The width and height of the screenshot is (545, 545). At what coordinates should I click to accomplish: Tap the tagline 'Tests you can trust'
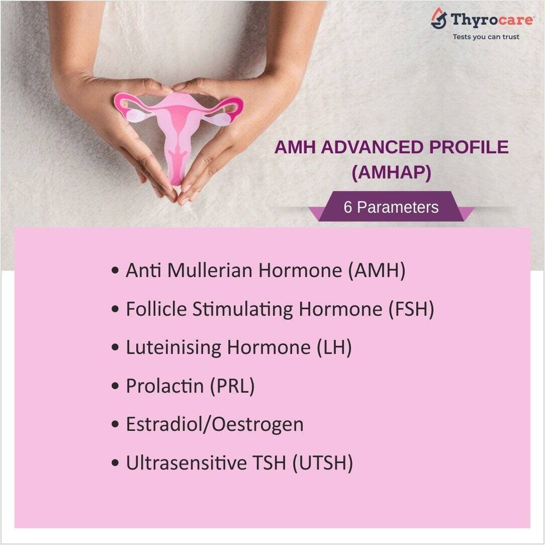coord(486,37)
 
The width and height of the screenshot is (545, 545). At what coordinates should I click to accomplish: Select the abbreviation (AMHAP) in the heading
coord(391,172)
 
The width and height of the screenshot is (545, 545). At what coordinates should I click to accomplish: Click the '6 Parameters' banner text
coord(391,207)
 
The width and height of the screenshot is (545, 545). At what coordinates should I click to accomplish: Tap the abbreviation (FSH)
coord(411,309)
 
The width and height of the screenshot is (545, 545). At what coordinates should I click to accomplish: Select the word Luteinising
coord(173,347)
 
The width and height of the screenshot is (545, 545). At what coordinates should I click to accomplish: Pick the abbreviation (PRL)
coord(232,386)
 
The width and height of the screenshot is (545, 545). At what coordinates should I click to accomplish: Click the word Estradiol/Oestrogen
coord(215,424)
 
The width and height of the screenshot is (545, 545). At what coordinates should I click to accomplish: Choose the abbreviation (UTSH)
coord(323,463)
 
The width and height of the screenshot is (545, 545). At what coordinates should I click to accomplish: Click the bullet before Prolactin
coord(115,386)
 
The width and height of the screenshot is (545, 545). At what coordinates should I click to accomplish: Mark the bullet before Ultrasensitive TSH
coord(115,464)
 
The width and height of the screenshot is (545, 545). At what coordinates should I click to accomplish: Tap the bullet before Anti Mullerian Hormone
coord(115,270)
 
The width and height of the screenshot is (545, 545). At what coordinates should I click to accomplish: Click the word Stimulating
coord(243,309)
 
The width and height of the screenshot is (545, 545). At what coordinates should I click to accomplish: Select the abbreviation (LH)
coord(334,347)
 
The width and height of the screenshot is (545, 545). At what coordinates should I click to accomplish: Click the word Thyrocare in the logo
coord(492,19)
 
